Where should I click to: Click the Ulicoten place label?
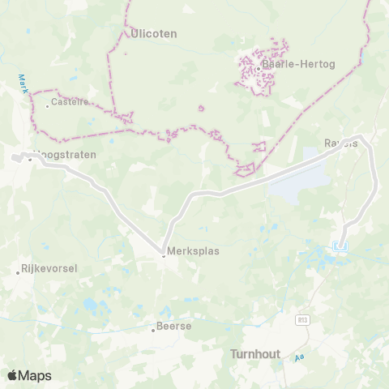click(153, 34)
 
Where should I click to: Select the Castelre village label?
click(70, 102)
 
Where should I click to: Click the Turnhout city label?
click(256, 353)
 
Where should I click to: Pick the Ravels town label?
click(340, 143)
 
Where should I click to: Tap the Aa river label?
click(299, 357)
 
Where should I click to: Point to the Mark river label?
click(22, 83)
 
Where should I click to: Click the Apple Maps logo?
click(29, 375)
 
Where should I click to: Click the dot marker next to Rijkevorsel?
click(18, 272)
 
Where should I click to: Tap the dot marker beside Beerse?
click(152, 330)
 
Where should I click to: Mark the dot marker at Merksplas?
click(163, 255)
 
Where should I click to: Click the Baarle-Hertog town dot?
click(258, 69)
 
